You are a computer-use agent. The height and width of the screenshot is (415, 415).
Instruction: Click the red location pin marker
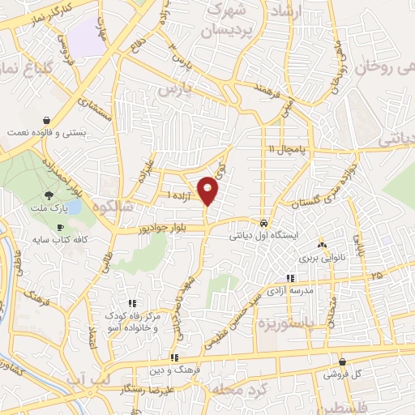(x=208, y=190)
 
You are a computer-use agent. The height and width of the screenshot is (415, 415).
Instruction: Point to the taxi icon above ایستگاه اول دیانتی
(x=264, y=223)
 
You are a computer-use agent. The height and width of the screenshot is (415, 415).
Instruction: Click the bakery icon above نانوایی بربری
(x=323, y=246)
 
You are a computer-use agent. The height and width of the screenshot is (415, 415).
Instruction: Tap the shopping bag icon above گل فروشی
(x=342, y=362)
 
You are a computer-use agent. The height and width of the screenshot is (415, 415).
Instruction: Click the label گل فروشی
(x=342, y=374)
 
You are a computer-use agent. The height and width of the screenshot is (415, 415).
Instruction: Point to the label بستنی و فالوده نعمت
(x=45, y=130)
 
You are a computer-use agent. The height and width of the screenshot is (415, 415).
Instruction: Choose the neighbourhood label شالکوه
(x=113, y=205)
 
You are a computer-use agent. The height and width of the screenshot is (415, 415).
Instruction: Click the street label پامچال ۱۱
(x=289, y=149)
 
